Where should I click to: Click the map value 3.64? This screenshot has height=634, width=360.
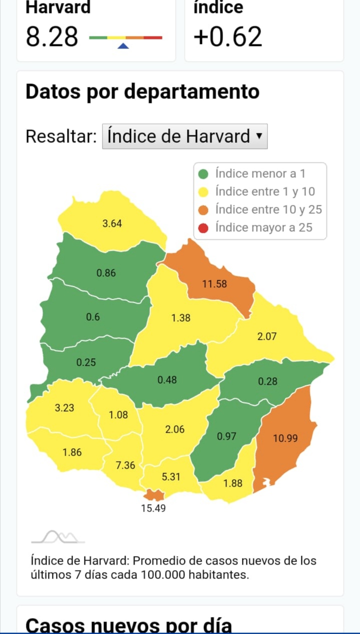click(x=112, y=224)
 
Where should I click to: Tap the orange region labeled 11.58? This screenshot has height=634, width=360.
click(x=214, y=284)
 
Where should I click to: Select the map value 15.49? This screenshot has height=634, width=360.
click(x=153, y=509)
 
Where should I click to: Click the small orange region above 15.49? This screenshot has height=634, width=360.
click(x=154, y=495)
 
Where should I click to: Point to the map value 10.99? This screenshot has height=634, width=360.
click(x=285, y=438)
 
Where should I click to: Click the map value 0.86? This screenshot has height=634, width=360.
click(x=106, y=273)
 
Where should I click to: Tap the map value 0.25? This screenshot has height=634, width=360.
click(x=86, y=362)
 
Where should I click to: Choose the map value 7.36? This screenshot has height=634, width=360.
click(x=125, y=465)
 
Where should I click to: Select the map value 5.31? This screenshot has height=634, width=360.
click(x=171, y=477)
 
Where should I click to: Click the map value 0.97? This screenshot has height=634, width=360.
click(x=226, y=437)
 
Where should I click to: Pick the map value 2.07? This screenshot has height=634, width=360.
click(x=266, y=337)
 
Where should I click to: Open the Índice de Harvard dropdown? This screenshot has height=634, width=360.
click(x=184, y=136)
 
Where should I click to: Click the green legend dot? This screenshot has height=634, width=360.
click(x=203, y=174)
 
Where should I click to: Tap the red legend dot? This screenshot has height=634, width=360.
click(x=203, y=228)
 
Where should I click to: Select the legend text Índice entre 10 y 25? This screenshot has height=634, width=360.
click(x=268, y=209)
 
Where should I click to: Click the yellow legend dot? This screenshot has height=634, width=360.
click(x=203, y=192)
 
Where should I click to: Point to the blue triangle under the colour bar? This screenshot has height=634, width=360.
click(x=123, y=46)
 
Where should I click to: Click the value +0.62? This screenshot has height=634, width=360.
click(x=227, y=37)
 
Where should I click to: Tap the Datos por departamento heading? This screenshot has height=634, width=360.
click(x=142, y=92)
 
